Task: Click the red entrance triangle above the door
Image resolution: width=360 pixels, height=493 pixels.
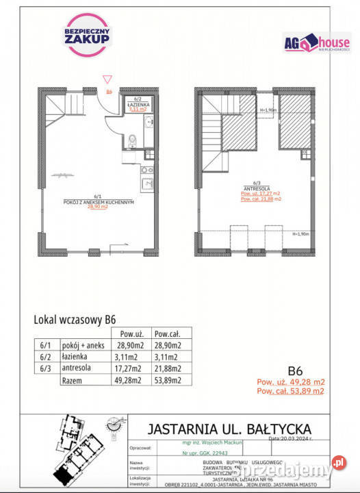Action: point(107,79)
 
